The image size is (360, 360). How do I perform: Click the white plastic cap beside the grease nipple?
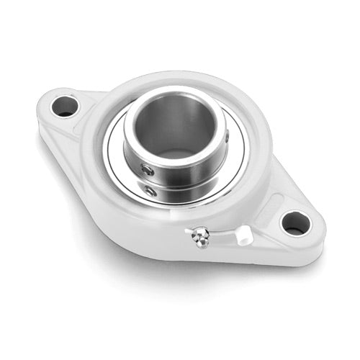coord(244,233)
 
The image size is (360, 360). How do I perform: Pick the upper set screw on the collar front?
coord(148,169)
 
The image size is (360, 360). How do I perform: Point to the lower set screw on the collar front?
coord(149,190)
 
